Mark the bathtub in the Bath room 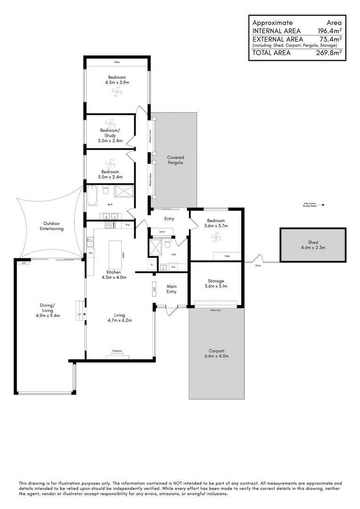[x=92, y=196]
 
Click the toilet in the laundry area [x=168, y=244]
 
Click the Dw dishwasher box [x=90, y=254]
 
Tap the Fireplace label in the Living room [x=117, y=351]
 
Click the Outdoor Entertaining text [x=51, y=226]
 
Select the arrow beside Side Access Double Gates [x=323, y=205]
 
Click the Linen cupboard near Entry [x=162, y=232]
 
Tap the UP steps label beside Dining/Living [x=79, y=313]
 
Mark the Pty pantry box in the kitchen [x=127, y=225]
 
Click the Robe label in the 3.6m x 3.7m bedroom [x=227, y=256]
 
